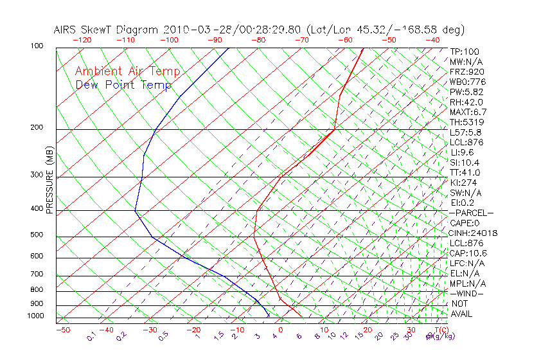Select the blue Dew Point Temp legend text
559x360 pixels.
coord(123,85)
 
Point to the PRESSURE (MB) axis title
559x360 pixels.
coord(49,181)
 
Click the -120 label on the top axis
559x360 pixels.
coord(82,40)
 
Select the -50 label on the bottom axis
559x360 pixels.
coord(62,330)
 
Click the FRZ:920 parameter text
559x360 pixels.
coord(467,71)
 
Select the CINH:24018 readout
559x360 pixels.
coord(474,233)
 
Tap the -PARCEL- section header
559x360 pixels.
coord(471,213)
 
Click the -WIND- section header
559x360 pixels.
coord(466,293)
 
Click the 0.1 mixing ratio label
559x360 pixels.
coord(91,336)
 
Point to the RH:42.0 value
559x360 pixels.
coord(466,102)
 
